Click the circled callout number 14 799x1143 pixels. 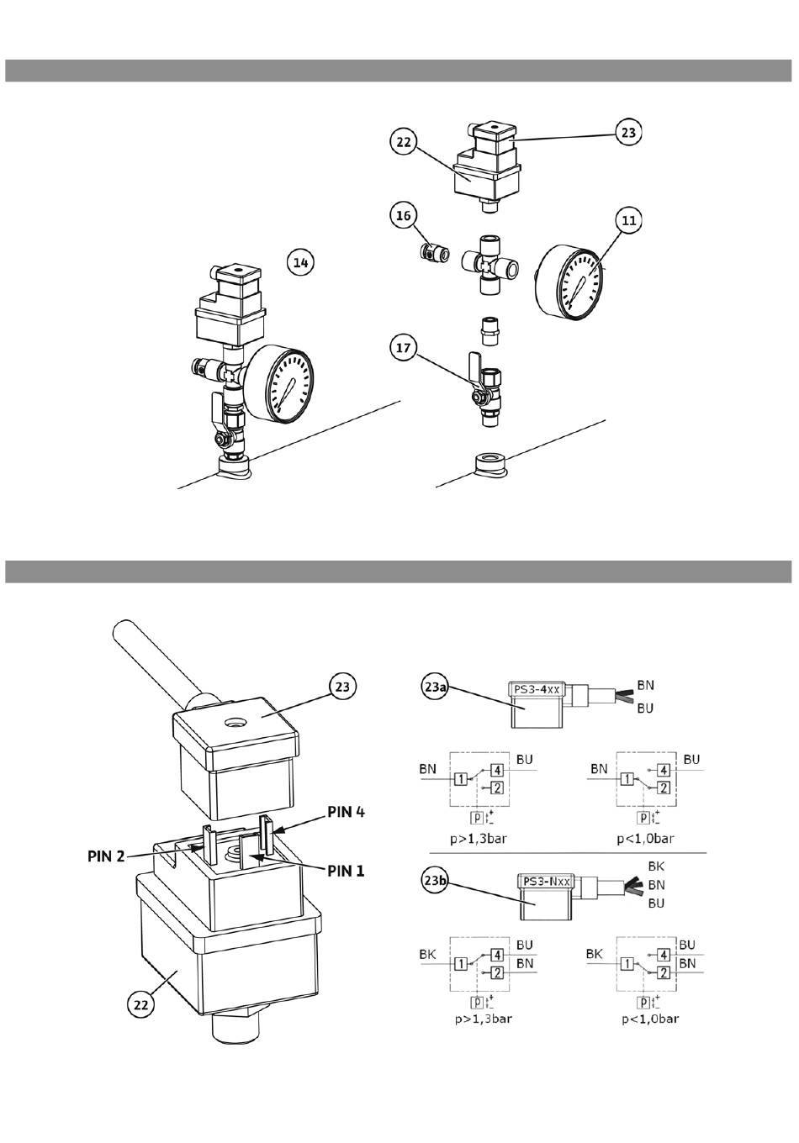[301, 263]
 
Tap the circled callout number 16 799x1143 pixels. [404, 216]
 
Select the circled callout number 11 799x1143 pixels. [629, 220]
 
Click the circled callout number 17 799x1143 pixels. [404, 347]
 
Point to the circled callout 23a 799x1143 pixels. [435, 687]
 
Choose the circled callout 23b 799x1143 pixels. [435, 880]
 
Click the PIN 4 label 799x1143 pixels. [347, 812]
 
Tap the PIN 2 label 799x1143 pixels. [106, 856]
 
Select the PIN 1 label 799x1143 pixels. [347, 871]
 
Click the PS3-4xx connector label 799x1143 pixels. [536, 689]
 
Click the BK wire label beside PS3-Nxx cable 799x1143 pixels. [656, 866]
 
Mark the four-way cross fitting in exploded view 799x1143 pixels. [489, 264]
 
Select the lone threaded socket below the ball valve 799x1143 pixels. [489, 464]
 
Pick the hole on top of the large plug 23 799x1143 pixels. [235, 723]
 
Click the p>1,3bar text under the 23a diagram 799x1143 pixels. [479, 839]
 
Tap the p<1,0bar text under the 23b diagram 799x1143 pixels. [650, 1019]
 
